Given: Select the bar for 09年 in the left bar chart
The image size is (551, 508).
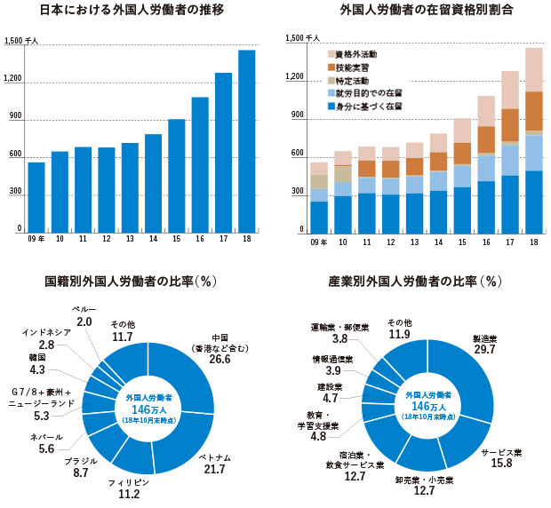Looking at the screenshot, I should (x=36, y=196).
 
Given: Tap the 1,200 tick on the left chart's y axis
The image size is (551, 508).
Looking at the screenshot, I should (x=13, y=80).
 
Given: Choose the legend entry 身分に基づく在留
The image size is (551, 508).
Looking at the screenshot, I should (x=373, y=106).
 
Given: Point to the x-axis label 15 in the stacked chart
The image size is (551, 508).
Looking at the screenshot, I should (x=460, y=241).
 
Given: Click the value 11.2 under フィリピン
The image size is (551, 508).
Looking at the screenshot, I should (x=130, y=494).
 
